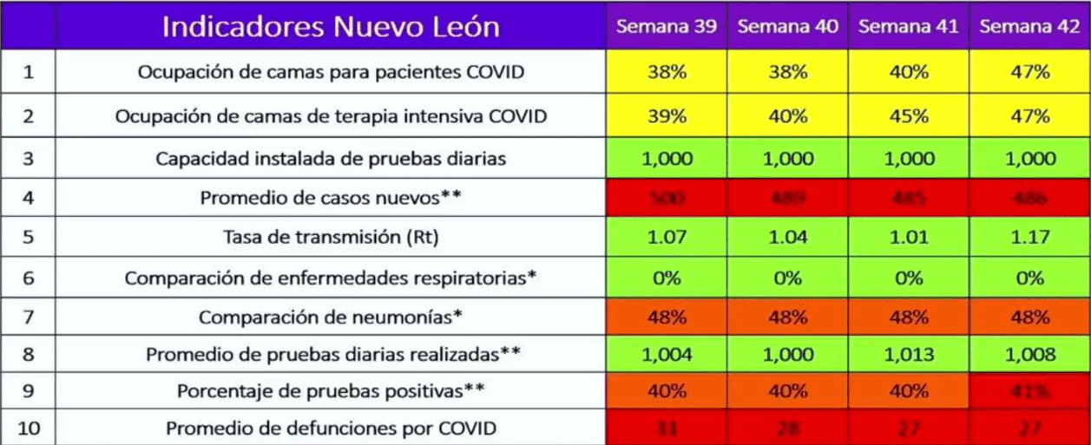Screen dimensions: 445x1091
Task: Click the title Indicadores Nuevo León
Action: pos(331,27)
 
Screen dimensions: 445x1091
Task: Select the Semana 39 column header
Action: pos(667,26)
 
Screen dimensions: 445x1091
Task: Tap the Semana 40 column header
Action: pos(788,26)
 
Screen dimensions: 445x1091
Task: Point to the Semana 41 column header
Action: pos(909,26)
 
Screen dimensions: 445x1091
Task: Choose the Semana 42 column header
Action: pos(1030,26)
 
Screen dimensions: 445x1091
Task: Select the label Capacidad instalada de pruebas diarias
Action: pos(331,160)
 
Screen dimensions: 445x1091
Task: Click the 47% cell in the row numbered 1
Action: pos(1030,72)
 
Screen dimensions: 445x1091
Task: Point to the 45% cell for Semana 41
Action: pos(909,116)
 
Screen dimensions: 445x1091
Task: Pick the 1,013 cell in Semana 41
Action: pos(909,355)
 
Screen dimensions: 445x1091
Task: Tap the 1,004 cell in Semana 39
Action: pos(667,355)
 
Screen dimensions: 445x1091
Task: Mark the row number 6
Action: pos(28,278)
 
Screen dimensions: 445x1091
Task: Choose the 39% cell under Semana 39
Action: pos(667,116)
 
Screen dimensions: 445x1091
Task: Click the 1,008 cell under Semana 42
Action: pos(1030,355)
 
